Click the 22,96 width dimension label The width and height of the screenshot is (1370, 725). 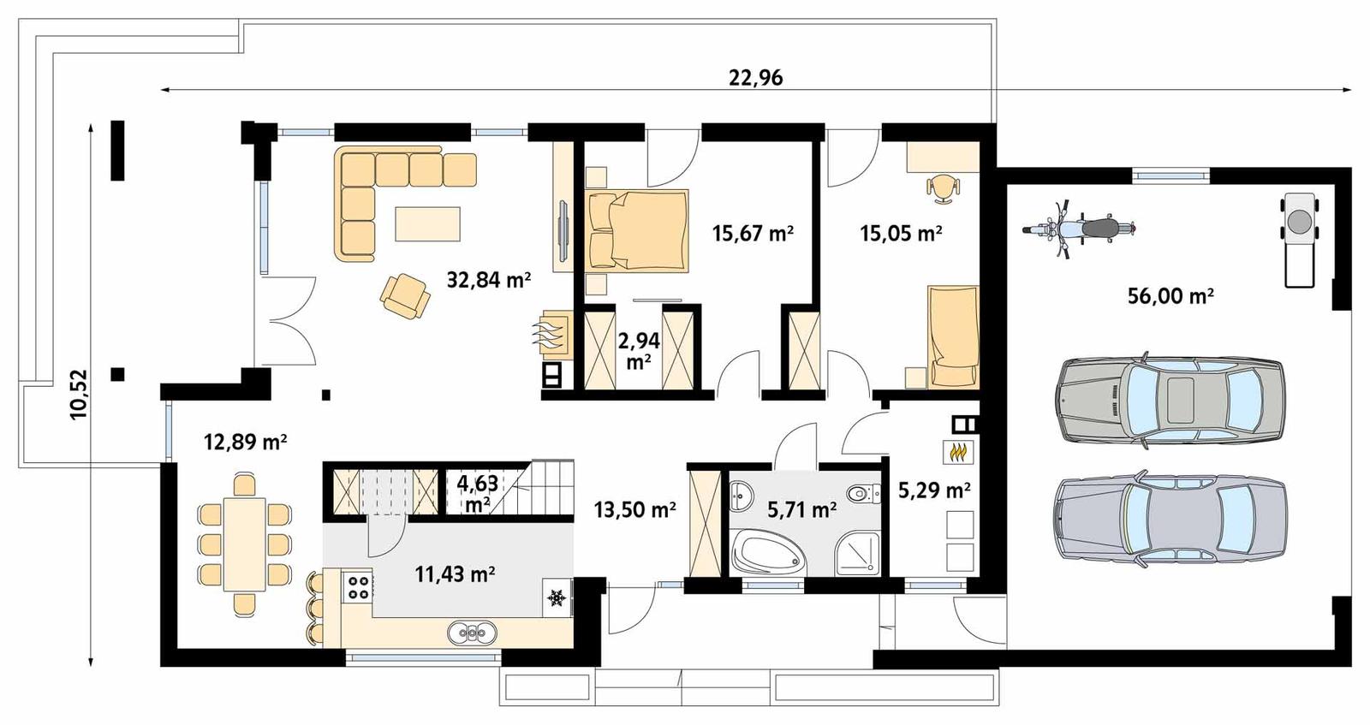(x=755, y=78)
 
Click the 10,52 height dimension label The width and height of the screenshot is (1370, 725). (x=79, y=394)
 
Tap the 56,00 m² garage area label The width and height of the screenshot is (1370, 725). (x=1170, y=296)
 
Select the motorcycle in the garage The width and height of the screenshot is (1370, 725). (x=1080, y=229)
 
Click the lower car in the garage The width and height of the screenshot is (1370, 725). (x=1170, y=518)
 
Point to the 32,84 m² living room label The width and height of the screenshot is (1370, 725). (x=489, y=279)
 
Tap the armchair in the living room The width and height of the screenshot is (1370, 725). (x=404, y=295)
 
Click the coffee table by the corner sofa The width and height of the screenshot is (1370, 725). (x=427, y=224)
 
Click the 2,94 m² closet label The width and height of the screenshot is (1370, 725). (x=639, y=351)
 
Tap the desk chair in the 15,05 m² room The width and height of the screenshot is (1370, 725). (x=943, y=187)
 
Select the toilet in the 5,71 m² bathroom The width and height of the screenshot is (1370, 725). (x=861, y=494)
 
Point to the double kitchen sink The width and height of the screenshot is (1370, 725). (x=472, y=633)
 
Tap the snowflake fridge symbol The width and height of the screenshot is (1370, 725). (x=557, y=597)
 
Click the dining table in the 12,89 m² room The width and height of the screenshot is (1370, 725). (x=244, y=544)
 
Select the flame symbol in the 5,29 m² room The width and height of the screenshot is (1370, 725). (x=959, y=450)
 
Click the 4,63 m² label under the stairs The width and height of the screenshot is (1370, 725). (x=477, y=493)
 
